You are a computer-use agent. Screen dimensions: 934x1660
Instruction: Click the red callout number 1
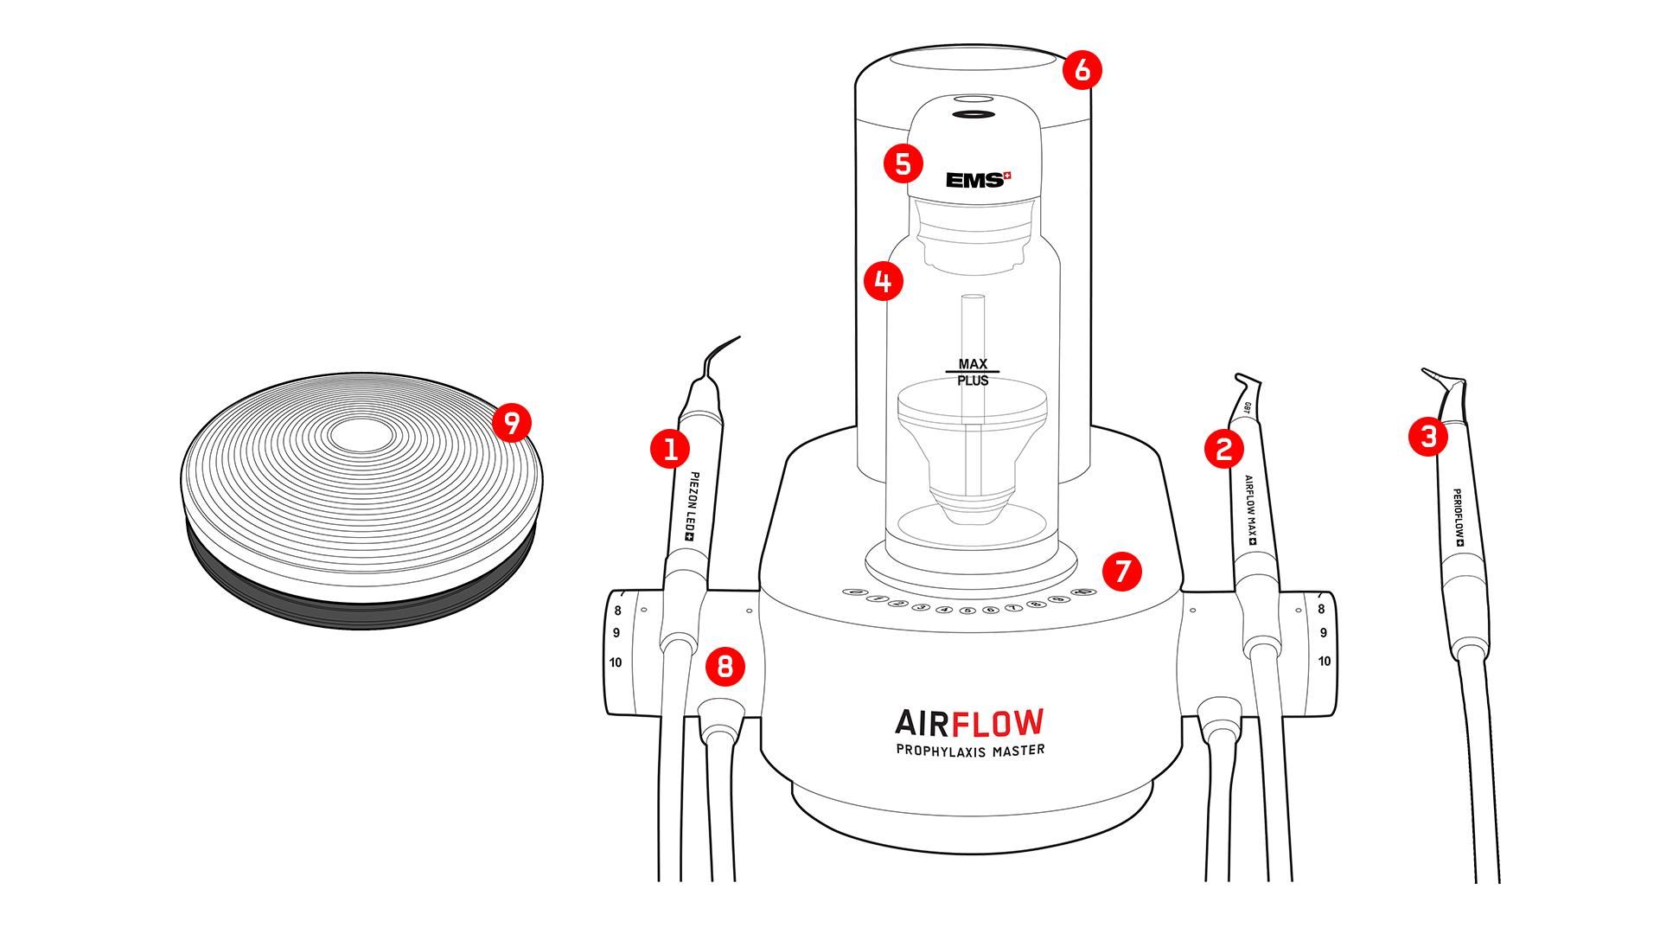pyautogui.click(x=670, y=449)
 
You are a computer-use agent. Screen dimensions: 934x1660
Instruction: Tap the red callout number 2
pyautogui.click(x=1223, y=449)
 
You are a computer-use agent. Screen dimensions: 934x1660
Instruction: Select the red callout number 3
pyautogui.click(x=1428, y=436)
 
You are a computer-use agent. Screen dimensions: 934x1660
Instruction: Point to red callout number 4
pyautogui.click(x=884, y=281)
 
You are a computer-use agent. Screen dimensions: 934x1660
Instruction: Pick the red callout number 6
pyautogui.click(x=1083, y=70)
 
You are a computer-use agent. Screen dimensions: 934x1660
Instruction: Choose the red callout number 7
pyautogui.click(x=1122, y=572)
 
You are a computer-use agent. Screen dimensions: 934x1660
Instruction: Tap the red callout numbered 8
pyautogui.click(x=725, y=666)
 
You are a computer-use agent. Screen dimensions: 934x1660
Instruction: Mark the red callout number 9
pyautogui.click(x=511, y=424)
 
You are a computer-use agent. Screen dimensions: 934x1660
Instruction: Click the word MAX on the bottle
pyautogui.click(x=973, y=364)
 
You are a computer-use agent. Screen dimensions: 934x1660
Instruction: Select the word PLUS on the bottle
pyautogui.click(x=973, y=381)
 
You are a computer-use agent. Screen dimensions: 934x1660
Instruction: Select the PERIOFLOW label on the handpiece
pyautogui.click(x=1458, y=517)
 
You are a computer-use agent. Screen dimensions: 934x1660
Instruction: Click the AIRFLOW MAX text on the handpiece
pyautogui.click(x=1250, y=509)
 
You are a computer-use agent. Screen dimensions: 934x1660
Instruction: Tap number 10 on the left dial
pyautogui.click(x=616, y=663)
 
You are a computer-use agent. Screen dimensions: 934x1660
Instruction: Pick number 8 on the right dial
pyautogui.click(x=1321, y=610)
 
